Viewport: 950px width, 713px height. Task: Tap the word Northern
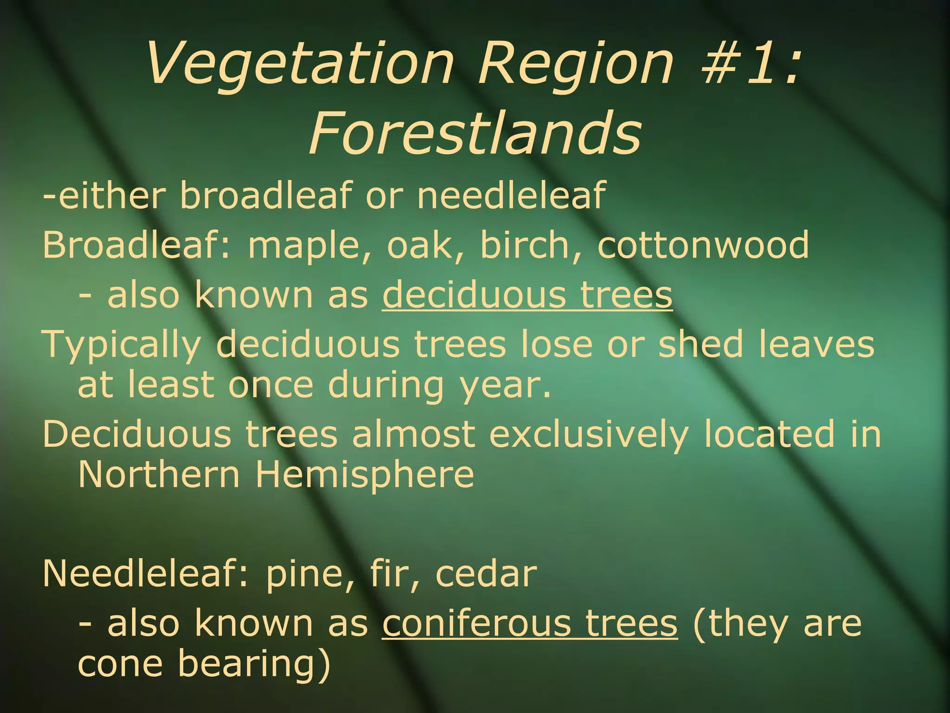[x=159, y=474]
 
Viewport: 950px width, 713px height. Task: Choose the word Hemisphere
[x=365, y=474]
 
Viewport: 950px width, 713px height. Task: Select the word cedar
[x=485, y=574]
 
